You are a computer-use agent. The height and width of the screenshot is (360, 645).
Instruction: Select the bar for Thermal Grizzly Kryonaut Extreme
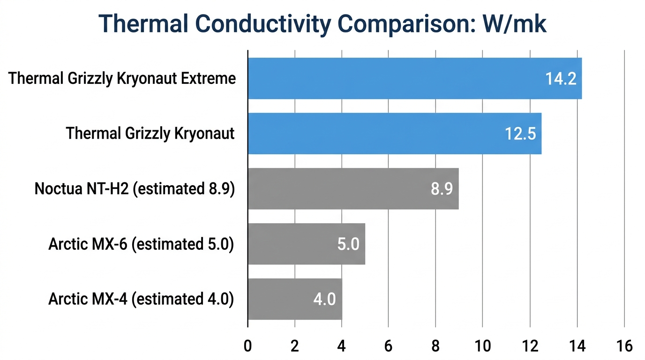[x=414, y=79]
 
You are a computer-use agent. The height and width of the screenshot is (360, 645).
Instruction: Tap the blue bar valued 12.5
[x=394, y=134]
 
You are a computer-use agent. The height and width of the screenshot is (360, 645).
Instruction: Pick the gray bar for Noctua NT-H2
[x=353, y=188]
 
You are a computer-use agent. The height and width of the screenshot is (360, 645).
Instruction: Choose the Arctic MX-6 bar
[x=306, y=244]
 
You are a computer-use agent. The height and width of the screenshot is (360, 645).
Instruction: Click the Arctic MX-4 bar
[x=294, y=299]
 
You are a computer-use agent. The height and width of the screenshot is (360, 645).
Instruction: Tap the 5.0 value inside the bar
[x=348, y=244]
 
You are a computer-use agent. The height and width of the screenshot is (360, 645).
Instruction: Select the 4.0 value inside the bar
[x=324, y=299]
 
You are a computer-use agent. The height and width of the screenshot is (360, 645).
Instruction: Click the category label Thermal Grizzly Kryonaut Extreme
[x=122, y=78]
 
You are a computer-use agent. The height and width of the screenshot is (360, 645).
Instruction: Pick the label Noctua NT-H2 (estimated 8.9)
[x=135, y=189]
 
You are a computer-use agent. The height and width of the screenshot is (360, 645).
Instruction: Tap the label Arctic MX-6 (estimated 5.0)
[x=141, y=244]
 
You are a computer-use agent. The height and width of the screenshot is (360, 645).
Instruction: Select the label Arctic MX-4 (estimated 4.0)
[x=141, y=299]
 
